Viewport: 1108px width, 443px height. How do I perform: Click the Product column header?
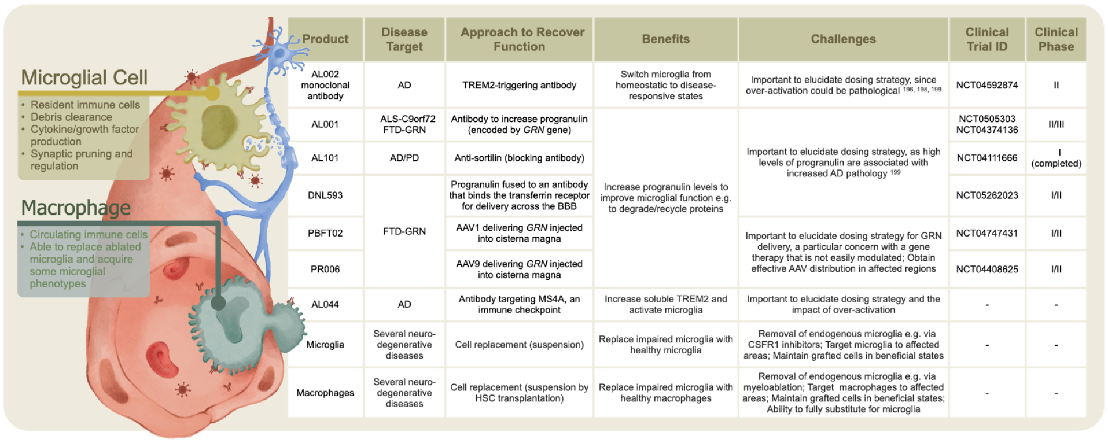325,39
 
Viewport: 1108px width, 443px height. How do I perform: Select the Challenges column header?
843,39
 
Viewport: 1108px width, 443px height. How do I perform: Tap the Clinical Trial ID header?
986,39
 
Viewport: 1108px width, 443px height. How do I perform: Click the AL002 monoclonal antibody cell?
325,85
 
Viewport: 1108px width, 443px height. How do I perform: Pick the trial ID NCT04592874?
986,85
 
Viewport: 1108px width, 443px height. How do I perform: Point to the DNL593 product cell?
325,195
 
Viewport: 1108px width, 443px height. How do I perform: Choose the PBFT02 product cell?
325,233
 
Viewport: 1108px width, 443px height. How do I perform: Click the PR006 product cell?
325,269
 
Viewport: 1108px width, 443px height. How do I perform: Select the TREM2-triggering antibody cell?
519,85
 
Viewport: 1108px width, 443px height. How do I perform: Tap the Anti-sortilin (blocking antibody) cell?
519,158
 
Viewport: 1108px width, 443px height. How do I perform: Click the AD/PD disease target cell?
404,158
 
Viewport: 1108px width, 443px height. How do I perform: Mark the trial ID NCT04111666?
986,158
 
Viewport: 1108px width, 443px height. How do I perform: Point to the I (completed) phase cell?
1056,158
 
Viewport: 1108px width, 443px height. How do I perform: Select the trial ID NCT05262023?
986,195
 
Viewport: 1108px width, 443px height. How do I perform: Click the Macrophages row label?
325,393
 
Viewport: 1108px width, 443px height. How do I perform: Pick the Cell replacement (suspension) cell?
519,345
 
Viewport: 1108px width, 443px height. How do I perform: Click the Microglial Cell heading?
84,77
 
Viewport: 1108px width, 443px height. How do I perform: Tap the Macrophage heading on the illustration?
76,208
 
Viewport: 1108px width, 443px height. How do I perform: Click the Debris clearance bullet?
71,117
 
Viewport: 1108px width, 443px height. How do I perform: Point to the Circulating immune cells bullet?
89,235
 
